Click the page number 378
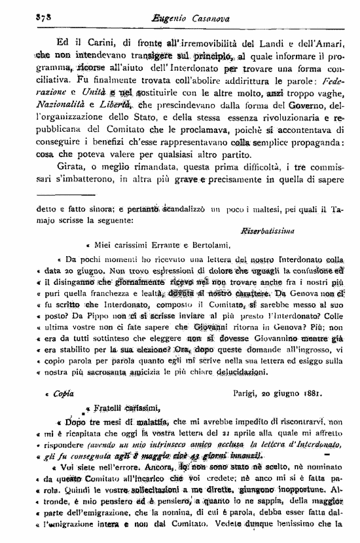pyautogui.click(x=26, y=21)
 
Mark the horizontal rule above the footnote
pyautogui.click(x=67, y=194)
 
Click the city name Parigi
pyautogui.click(x=247, y=393)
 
